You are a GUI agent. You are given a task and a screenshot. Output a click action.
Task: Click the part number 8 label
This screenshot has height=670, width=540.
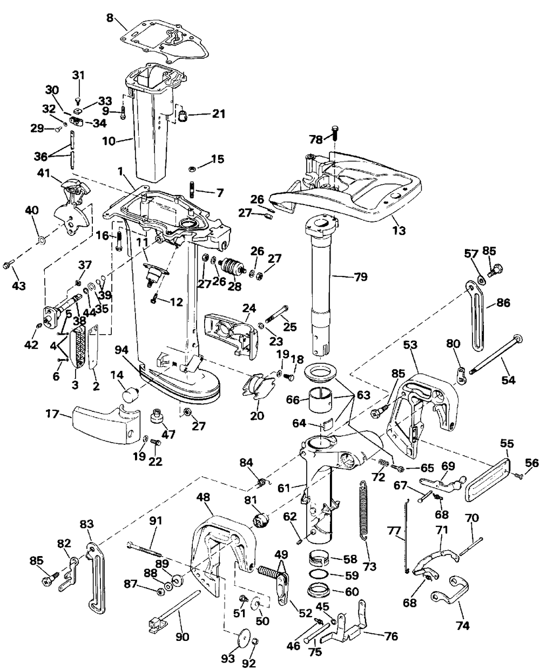pyautogui.click(x=110, y=18)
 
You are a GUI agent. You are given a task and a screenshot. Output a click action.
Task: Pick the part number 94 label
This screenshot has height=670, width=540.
pyautogui.click(x=121, y=350)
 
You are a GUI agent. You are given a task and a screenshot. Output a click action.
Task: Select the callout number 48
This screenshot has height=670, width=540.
pyautogui.click(x=204, y=497)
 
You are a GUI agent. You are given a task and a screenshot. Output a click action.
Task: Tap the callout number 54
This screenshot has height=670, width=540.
pyautogui.click(x=508, y=380)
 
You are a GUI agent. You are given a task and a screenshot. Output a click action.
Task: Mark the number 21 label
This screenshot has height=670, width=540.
pyautogui.click(x=218, y=113)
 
